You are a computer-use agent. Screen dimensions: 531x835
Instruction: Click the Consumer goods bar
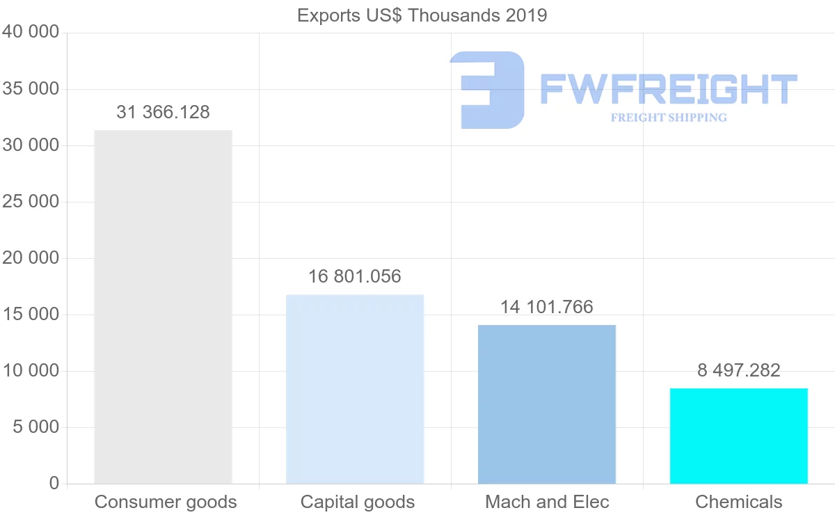point(163,307)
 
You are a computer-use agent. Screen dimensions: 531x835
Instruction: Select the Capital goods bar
point(355,389)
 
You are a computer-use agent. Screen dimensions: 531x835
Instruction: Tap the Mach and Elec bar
point(547,404)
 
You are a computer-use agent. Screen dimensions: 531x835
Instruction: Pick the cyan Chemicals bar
point(739,436)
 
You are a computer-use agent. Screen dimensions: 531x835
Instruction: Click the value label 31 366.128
point(163,112)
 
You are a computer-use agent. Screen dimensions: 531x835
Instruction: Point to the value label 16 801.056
point(355,276)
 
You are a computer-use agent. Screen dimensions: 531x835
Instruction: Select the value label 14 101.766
point(547,307)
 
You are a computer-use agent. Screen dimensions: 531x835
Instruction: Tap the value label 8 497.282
point(739,370)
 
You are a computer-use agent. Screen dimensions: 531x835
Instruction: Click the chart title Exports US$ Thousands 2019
point(422,15)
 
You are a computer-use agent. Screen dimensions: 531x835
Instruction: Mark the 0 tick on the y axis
point(54,484)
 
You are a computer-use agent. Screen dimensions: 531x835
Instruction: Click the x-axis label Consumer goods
point(166,502)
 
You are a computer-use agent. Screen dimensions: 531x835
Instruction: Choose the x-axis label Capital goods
point(358,502)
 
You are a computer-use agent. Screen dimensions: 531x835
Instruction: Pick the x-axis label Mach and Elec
point(547,502)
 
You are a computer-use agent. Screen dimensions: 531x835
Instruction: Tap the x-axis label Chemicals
point(739,502)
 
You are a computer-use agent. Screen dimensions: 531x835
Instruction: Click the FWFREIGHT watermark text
point(668,89)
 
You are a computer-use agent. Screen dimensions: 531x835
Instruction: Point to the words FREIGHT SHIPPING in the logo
point(669,118)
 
